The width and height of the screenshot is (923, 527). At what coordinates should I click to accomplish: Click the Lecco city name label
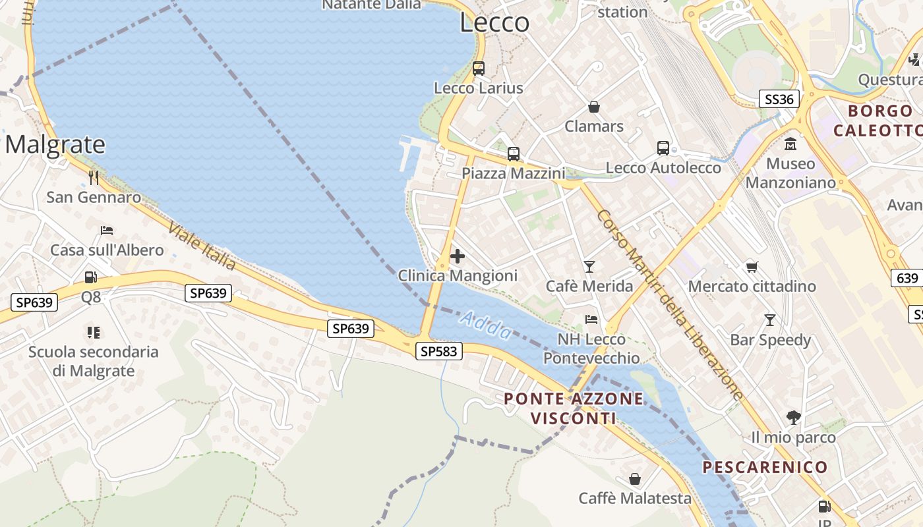pos(494,22)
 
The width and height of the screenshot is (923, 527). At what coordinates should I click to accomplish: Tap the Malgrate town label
pos(55,144)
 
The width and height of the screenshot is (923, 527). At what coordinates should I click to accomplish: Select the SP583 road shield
pos(439,351)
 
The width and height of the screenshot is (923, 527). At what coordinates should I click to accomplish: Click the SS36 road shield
pos(779,99)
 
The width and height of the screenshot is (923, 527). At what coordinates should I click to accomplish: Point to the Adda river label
pos(486,325)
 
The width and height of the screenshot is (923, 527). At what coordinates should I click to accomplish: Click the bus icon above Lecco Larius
pos(479,68)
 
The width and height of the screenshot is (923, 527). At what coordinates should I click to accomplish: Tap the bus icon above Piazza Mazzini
pos(513,154)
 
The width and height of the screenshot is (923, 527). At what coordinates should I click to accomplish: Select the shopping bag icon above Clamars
pos(594,107)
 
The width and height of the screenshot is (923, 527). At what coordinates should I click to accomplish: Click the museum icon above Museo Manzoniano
pos(790,144)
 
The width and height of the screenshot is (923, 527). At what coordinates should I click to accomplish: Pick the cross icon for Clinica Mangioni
pos(457,256)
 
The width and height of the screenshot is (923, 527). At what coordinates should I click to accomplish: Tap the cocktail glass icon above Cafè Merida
pos(589,266)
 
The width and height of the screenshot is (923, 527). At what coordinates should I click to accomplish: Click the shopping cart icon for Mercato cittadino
pos(752,267)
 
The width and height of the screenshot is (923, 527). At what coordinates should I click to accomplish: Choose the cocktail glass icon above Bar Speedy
pos(769,320)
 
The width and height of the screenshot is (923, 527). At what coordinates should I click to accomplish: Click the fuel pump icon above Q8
pos(91,277)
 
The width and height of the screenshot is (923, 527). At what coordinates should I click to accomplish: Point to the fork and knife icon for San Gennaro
pos(94,177)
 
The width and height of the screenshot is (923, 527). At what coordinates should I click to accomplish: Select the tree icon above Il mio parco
pos(793,417)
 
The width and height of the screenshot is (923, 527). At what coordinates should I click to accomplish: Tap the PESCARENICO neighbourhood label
pos(765,467)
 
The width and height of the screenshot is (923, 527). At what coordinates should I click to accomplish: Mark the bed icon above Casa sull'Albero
pos(107,230)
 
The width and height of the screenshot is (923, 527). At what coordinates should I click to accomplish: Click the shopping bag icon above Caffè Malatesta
pos(635,478)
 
